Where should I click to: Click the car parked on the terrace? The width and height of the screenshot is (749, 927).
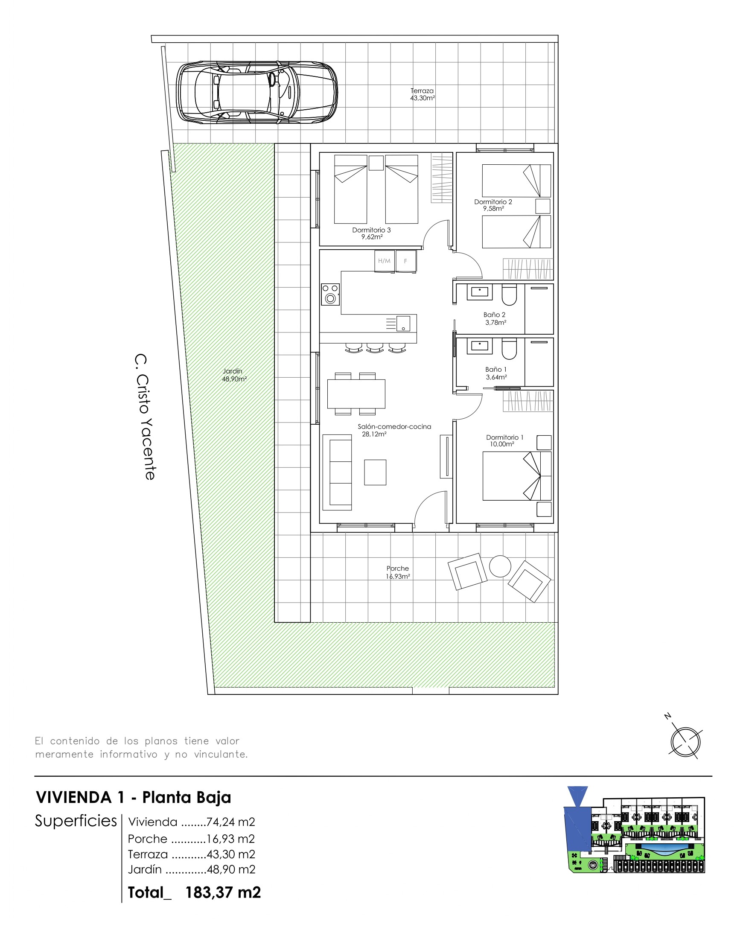coord(257,93)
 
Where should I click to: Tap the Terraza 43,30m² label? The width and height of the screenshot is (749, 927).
coord(423,94)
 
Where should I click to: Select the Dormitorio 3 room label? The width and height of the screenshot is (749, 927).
coord(371,233)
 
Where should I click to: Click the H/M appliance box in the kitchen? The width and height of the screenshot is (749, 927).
coord(385,261)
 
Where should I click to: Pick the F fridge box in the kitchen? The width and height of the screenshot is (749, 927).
coord(405,261)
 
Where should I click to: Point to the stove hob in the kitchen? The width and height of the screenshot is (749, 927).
coord(330,294)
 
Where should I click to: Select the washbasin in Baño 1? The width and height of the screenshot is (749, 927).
coord(480,346)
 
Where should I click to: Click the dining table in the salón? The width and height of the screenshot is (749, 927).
coord(356,394)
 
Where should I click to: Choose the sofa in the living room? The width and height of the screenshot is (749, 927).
coord(338,472)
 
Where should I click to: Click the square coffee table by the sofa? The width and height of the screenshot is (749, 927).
coord(375,472)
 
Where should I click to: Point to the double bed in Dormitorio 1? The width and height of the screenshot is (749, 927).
coord(517,476)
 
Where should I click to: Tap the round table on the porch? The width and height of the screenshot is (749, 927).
coord(500,566)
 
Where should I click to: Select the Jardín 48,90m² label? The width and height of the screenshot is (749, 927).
coord(234,375)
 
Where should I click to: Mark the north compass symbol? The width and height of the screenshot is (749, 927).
coord(685,741)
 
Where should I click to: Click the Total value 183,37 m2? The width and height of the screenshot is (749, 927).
coord(223,892)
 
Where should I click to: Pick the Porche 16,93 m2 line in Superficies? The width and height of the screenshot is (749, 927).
coord(191,839)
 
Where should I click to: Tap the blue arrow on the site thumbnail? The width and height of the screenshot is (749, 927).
coord(578,796)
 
